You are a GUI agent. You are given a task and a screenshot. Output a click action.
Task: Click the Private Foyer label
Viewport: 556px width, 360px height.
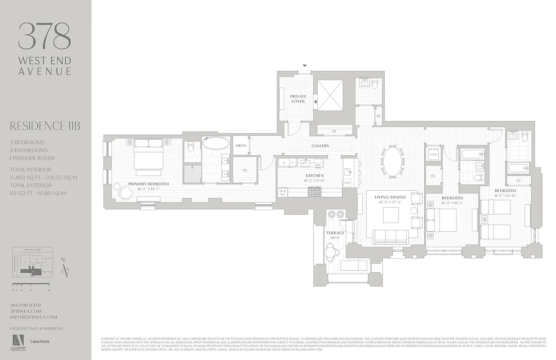298,99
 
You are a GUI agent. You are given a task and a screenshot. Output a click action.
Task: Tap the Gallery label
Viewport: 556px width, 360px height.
320,146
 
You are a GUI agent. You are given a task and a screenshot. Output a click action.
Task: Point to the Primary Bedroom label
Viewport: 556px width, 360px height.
148,184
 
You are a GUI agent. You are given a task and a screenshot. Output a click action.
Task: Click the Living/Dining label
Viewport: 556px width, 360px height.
390,197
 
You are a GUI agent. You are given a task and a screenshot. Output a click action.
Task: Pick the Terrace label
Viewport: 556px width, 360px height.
335,233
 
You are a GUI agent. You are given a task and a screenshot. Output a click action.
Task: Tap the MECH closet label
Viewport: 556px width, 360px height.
241,145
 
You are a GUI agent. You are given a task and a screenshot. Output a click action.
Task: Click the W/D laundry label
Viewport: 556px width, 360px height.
434,155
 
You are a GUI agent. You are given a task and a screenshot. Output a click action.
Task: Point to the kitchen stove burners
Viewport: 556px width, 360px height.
314,192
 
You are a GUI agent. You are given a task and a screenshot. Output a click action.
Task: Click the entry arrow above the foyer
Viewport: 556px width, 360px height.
305,66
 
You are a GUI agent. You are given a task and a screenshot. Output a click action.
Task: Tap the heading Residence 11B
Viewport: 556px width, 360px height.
45,126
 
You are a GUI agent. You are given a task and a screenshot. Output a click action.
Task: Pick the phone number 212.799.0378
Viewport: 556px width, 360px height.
26,305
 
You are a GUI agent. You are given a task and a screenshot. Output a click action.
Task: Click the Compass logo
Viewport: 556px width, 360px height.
40,342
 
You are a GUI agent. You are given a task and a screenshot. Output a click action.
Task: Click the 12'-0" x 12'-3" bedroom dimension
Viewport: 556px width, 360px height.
452,203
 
